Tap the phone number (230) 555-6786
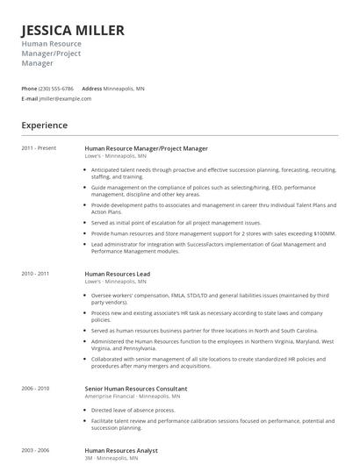[56, 89]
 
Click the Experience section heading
[45, 125]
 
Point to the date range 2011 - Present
[39, 148]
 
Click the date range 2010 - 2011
[35, 274]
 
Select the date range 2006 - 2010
[35, 363]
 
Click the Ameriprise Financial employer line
[132, 371]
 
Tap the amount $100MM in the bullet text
[322, 233]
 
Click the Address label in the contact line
[91, 89]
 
